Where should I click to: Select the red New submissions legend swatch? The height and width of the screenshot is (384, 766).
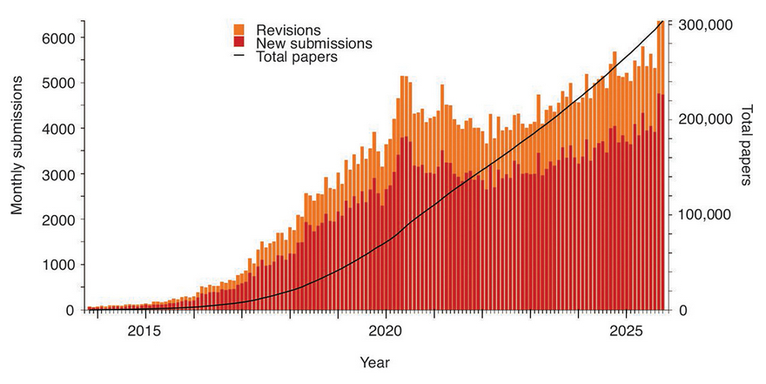(239, 42)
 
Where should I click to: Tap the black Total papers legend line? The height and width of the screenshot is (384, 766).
(239, 57)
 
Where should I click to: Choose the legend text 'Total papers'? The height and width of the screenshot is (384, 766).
(297, 57)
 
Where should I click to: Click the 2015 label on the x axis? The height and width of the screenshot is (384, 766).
(144, 331)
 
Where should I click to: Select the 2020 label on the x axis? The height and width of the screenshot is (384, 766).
(384, 331)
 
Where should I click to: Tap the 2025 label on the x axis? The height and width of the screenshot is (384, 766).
(626, 331)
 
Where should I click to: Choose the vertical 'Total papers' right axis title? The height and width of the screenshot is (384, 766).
(746, 145)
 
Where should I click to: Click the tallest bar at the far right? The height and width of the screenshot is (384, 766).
(660, 165)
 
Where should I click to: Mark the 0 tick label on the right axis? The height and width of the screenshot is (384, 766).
(682, 310)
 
